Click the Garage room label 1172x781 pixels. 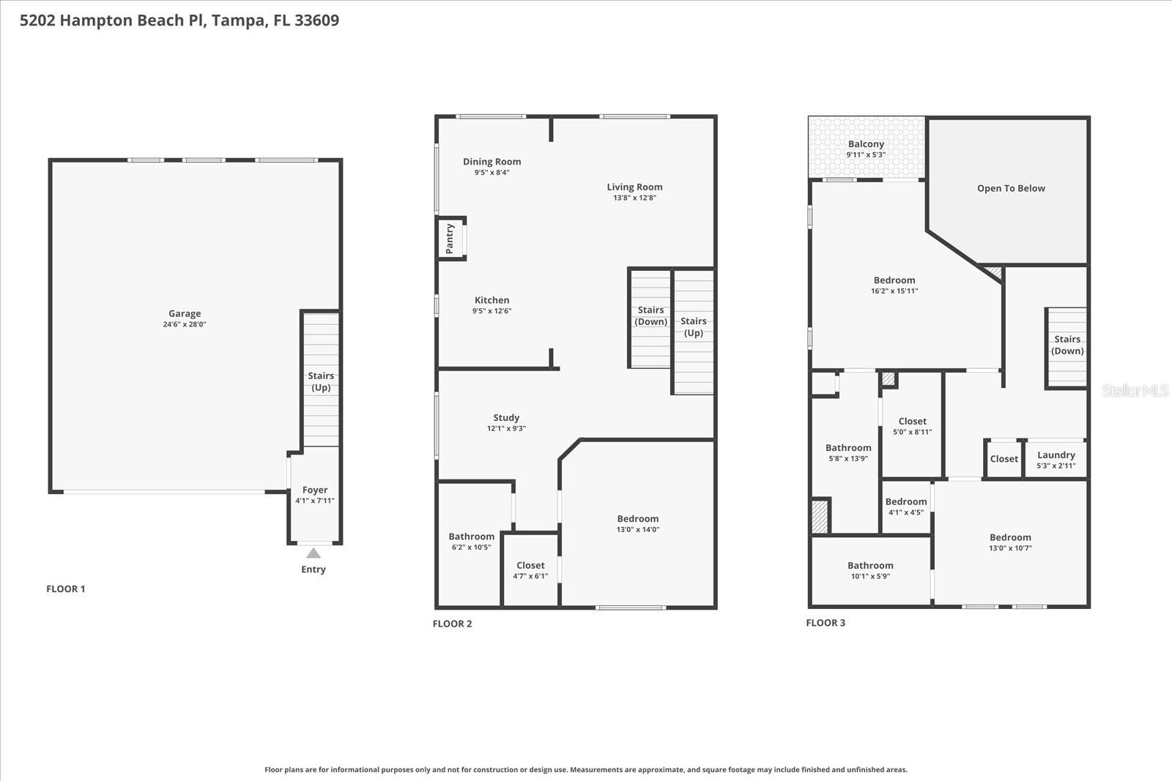pos(185,313)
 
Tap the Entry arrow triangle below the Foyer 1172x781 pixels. pos(314,553)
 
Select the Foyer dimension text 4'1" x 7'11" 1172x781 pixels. pos(315,501)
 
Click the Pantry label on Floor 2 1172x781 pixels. pos(450,239)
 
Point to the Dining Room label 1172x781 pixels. pos(492,162)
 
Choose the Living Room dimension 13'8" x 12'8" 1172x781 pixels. pos(634,198)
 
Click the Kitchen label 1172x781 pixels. pos(492,300)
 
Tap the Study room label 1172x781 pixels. pos(506,417)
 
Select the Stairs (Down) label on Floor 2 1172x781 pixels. pos(650,315)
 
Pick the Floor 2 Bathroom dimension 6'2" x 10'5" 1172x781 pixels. pos(471,547)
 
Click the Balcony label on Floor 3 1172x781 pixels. pos(866,144)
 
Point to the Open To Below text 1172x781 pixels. pos(1011,188)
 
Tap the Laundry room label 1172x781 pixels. pos(1056,455)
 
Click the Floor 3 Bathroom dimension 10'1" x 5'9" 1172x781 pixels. pos(870,576)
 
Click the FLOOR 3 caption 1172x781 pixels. pos(826,623)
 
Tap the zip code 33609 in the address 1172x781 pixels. pos(316,20)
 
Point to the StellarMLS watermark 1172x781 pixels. pos(1135,391)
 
